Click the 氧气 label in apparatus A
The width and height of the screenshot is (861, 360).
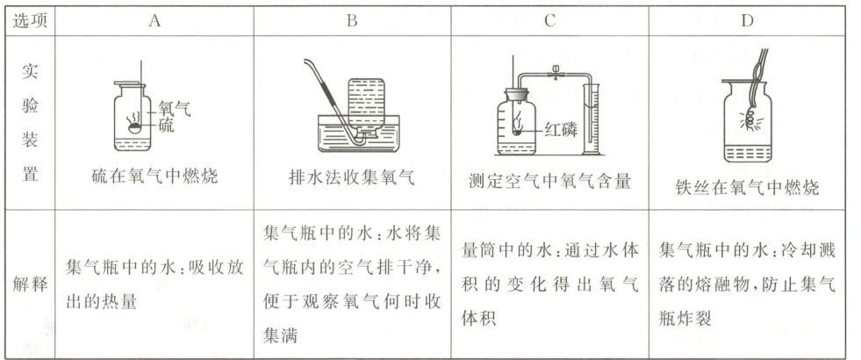click(173, 109)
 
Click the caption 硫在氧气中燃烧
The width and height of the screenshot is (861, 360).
click(154, 176)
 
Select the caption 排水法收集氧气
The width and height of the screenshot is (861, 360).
click(351, 176)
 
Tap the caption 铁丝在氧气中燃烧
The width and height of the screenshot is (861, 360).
click(747, 186)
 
